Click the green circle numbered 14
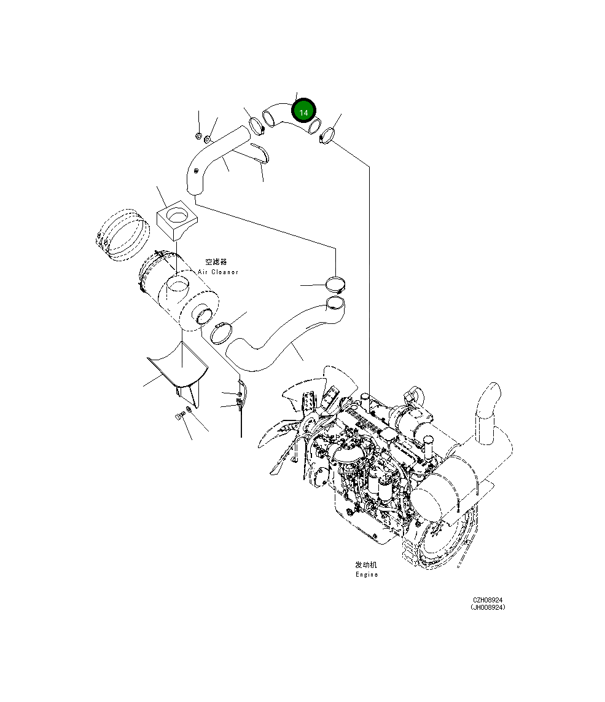pos(303,111)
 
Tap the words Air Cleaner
pos(218,272)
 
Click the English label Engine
pos(367,575)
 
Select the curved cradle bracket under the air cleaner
pos(178,367)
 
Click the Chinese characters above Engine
pos(367,564)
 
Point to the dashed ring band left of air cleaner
pos(123,234)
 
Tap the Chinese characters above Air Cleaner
pos(216,262)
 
